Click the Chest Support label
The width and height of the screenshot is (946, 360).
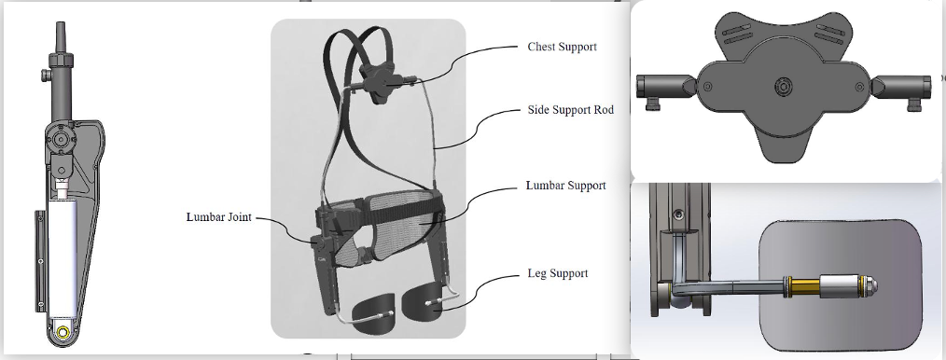click(562, 47)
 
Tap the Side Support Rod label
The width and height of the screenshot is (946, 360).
click(571, 110)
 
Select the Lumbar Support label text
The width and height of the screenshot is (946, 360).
click(566, 186)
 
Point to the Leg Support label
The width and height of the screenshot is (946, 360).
click(558, 274)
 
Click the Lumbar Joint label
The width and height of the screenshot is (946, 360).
click(219, 217)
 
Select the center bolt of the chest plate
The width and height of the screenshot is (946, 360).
click(783, 86)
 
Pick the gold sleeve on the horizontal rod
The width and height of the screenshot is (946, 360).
click(804, 285)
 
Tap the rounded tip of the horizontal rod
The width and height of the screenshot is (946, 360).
click(870, 285)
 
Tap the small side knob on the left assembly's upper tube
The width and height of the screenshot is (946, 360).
click(46, 76)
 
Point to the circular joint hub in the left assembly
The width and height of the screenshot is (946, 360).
click(60, 139)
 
